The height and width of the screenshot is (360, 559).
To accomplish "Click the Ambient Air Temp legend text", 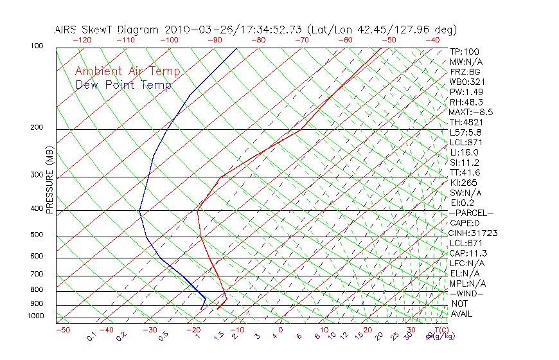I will [127, 71].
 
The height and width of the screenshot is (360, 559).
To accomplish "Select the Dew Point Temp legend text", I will [123, 85].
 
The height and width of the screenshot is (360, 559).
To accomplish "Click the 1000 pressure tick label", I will [36, 316].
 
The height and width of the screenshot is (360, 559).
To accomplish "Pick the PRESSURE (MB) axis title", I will [49, 179].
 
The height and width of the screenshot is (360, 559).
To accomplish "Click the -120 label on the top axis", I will [82, 40].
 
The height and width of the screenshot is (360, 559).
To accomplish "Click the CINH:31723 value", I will [474, 233].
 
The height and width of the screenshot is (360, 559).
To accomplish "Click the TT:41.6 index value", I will [465, 172].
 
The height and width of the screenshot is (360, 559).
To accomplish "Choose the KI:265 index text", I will [463, 183].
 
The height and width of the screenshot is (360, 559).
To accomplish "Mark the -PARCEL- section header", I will [472, 213].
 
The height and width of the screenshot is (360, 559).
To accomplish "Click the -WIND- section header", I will [467, 293].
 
